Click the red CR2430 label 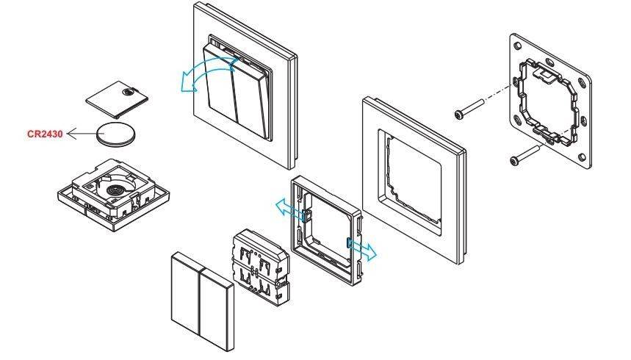click(x=44, y=134)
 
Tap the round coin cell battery click(x=116, y=135)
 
